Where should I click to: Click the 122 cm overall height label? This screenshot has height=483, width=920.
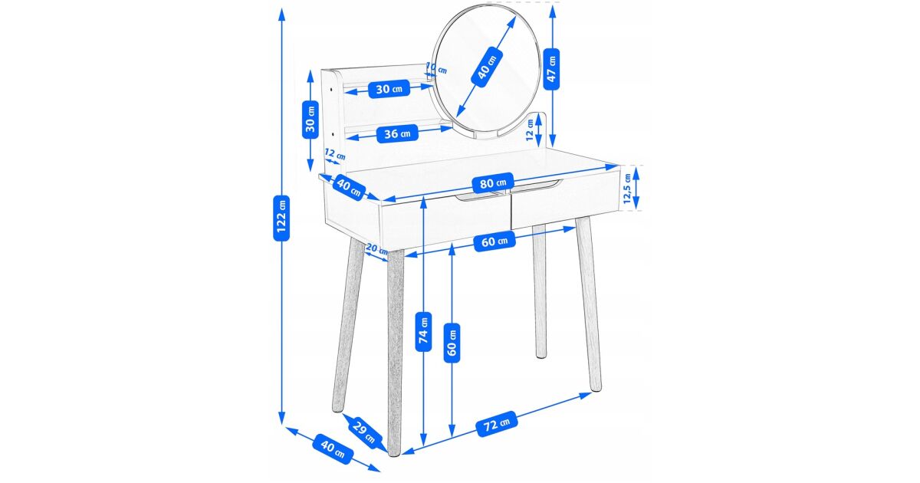click(x=281, y=218)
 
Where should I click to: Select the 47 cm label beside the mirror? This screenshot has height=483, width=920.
click(x=551, y=68)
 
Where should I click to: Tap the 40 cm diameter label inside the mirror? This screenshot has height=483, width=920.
click(x=487, y=67)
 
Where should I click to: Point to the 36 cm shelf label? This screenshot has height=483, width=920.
click(x=397, y=133)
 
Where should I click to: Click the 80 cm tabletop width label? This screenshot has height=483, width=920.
click(x=493, y=182)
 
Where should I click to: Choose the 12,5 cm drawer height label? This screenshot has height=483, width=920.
click(x=627, y=189)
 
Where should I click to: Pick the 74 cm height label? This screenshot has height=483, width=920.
click(x=423, y=331)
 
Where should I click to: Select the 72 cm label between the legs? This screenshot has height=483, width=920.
click(x=497, y=423)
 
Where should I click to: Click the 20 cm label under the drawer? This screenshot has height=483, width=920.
click(x=376, y=248)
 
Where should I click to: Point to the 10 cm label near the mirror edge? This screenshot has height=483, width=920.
click(x=436, y=67)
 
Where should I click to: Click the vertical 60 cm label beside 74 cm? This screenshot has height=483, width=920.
click(x=452, y=343)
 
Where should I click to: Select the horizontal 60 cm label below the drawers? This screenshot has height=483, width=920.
click(x=495, y=241)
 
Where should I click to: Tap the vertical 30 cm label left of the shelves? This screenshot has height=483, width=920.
click(x=310, y=120)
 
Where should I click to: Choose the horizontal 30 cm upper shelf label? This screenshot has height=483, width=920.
click(x=389, y=89)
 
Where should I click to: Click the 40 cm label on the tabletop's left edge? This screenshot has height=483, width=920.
click(x=349, y=187)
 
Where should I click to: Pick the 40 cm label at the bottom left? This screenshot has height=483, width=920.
click(x=333, y=449)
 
